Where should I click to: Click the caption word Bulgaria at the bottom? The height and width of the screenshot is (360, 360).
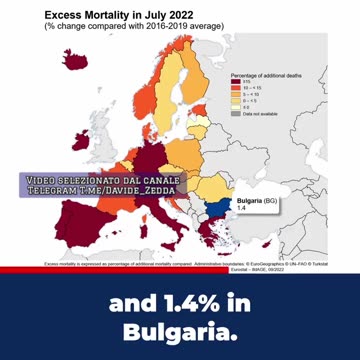point(179,331)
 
